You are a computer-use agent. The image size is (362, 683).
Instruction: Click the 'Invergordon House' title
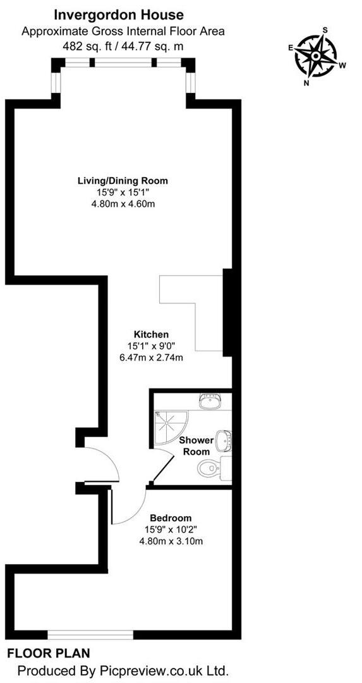pos(119,14)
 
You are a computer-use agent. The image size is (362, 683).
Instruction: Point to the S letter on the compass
pos(325,30)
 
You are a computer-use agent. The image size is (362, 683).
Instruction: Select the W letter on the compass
pos(342,65)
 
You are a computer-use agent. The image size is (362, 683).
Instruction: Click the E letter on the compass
pos(291,47)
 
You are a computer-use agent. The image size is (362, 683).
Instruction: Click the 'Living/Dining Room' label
pos(123,181)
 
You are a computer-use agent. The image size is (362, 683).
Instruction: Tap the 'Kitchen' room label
pos(151,334)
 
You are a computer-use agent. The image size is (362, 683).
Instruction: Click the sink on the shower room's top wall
pos(207,400)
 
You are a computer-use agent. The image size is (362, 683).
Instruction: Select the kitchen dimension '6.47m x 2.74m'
pos(151,357)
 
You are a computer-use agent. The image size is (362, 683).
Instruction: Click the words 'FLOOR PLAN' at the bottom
pos(49,653)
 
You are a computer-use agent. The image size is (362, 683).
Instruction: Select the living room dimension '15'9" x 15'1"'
pos(123,192)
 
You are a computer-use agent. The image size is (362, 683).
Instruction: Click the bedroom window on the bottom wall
pos(81,634)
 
